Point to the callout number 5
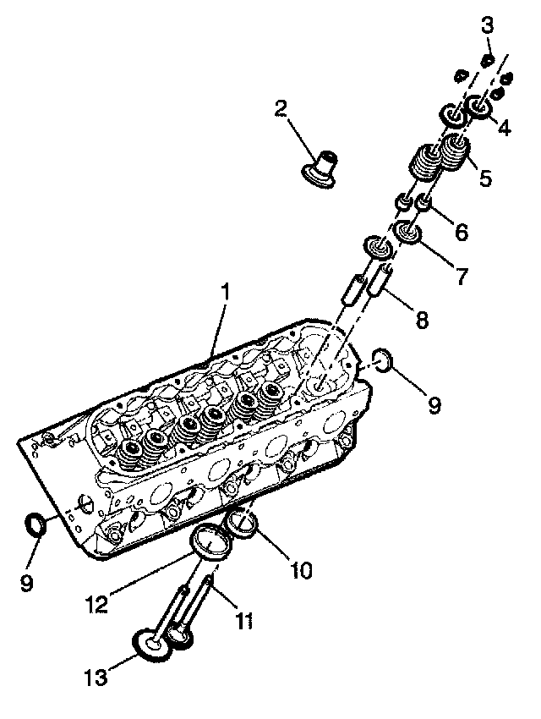click(x=485, y=178)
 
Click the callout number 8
click(x=421, y=320)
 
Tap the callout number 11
click(x=243, y=623)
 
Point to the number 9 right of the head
click(x=434, y=405)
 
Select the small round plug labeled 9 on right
click(x=380, y=359)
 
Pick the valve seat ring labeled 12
click(x=210, y=541)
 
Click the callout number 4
click(x=504, y=129)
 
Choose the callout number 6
click(x=459, y=229)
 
